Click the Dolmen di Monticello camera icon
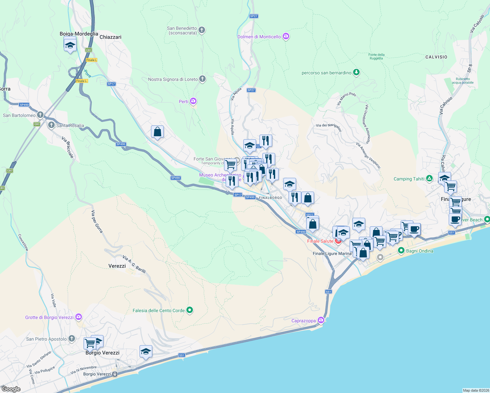point(286,36)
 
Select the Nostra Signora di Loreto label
point(173,79)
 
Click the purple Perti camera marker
point(193,101)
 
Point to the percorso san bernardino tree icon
point(356,72)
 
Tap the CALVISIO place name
point(436,57)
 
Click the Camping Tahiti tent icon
point(429,178)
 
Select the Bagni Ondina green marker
point(401,251)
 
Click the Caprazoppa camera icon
point(321,320)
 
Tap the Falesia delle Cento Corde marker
point(189,310)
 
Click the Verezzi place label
point(117,266)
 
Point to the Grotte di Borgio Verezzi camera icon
point(78,317)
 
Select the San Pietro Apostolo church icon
point(72,339)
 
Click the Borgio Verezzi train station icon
point(115,374)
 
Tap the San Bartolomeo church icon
point(40,115)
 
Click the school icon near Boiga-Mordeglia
point(70,45)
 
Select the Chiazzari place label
point(110,37)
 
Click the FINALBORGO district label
point(271,198)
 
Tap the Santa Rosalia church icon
point(51,125)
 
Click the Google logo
point(11,389)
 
